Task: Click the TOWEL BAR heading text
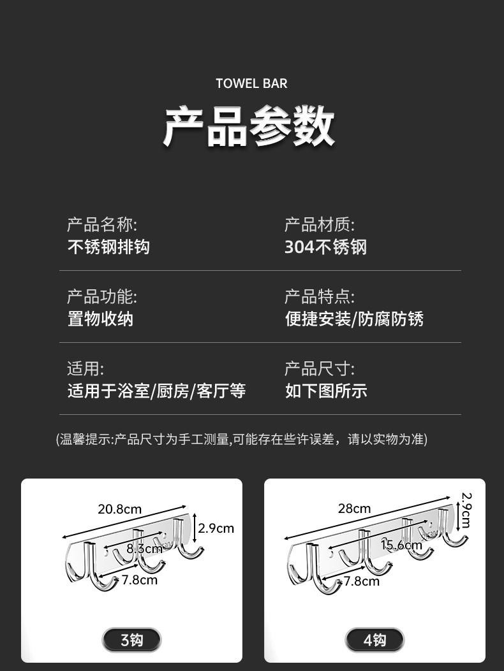coord(251,83)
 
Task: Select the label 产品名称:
coord(102,224)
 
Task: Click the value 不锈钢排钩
coord(108,247)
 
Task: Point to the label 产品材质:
coord(319,224)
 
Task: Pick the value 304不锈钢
coord(325,247)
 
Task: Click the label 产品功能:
coord(102,296)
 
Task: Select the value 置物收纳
coord(100,319)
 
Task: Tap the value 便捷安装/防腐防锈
coord(354,319)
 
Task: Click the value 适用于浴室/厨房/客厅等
coord(156,391)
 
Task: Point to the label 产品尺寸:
coord(319,368)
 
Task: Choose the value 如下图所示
coord(325,391)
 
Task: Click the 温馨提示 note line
coord(242,439)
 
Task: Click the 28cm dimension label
coord(354,509)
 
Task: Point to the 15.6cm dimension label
coord(401,545)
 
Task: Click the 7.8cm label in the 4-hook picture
coord(361,581)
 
